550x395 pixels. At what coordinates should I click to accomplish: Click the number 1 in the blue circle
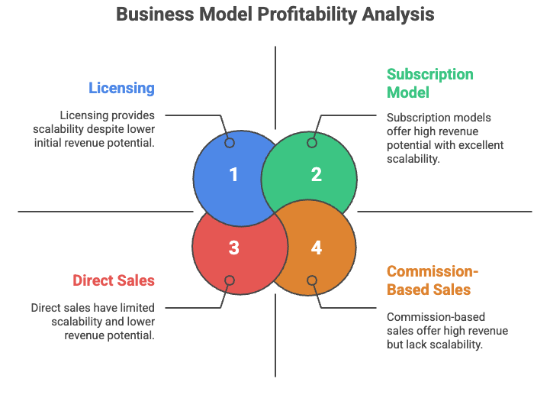tap(233, 175)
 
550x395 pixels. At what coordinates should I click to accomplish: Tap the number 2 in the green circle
tap(316, 175)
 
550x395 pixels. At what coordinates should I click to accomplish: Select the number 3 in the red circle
tap(233, 248)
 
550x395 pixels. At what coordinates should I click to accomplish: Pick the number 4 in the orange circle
tap(316, 248)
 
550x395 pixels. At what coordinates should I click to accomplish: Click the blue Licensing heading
tap(121, 88)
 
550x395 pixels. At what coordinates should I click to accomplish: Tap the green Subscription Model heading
tap(429, 83)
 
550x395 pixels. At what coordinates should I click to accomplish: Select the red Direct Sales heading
tap(114, 280)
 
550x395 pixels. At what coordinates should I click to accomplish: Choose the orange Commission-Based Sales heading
tap(432, 280)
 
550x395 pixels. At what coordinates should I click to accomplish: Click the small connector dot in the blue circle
tap(230, 143)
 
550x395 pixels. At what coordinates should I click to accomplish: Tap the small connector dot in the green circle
tap(312, 143)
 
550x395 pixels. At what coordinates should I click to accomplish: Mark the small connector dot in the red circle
tap(230, 280)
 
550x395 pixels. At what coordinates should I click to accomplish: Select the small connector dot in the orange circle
tap(312, 280)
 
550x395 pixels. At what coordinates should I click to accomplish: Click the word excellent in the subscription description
tap(478, 145)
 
